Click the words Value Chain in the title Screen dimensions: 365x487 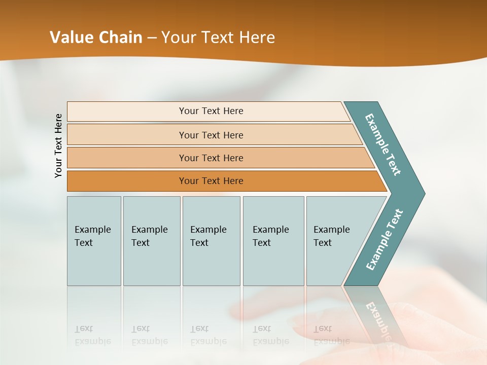[96, 38]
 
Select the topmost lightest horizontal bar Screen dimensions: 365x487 [127, 111]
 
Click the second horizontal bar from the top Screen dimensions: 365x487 [127, 135]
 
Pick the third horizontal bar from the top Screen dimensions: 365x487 [127, 158]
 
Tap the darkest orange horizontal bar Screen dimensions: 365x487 [127, 181]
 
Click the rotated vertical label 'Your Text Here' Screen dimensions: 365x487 [59, 146]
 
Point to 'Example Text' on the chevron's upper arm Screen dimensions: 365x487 [383, 144]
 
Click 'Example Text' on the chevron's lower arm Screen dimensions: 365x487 [384, 240]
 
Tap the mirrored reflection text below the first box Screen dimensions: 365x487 [92, 335]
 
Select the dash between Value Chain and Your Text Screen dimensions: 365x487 [152, 38]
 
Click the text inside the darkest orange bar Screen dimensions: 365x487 [211, 181]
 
